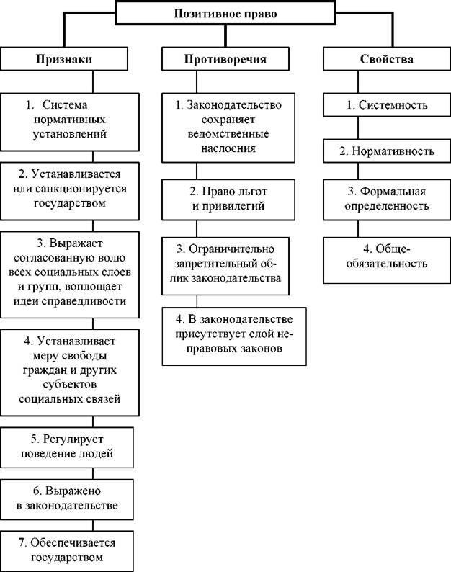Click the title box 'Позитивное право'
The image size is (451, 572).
click(225, 13)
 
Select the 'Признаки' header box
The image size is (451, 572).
click(64, 59)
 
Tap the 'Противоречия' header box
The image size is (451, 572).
click(225, 59)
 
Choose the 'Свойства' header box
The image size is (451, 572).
click(387, 59)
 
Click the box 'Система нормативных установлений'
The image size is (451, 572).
click(70, 122)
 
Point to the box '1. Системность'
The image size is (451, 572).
click(387, 105)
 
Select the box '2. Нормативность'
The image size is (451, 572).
click(387, 151)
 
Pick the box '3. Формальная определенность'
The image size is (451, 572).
click(387, 200)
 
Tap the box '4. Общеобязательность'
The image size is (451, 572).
click(387, 260)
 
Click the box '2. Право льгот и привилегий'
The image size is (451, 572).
click(228, 200)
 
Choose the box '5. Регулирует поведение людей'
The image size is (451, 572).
click(67, 447)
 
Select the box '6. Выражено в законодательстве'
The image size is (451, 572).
click(67, 499)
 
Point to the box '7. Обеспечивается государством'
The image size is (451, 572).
click(67, 551)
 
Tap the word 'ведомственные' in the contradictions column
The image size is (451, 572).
click(228, 134)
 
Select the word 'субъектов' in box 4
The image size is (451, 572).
click(70, 385)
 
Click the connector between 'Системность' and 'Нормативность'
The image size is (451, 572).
click(358, 128)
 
